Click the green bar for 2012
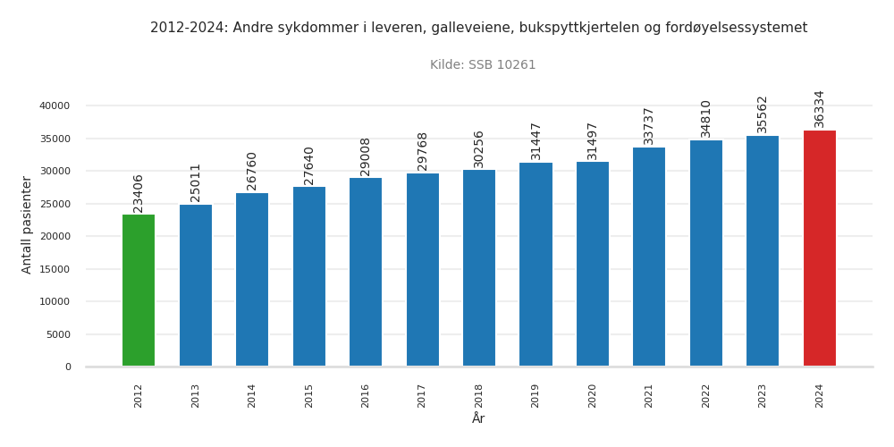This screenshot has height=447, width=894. coord(139,291)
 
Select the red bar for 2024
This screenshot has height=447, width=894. coord(819,249)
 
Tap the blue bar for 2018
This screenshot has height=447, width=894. coord(479,268)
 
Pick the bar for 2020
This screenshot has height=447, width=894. coord(593,264)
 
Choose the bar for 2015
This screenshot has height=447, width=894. coord(309,276)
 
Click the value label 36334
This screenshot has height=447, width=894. coord(820,108)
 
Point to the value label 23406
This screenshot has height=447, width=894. coord(139,193)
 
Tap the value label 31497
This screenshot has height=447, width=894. coord(593,140)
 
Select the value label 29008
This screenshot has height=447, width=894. coord(366,156)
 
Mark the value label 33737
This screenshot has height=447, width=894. coord(649,126)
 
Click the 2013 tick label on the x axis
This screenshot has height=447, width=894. coord(196,395)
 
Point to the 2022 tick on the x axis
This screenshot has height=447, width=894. coord(706,395)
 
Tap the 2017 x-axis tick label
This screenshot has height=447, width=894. coord(423,395)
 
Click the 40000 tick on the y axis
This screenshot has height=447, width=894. coord(54,105)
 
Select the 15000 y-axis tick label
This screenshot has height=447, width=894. coord(54,269)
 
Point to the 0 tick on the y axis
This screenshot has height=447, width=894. coord(67,367)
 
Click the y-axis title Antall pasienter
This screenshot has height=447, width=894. coord(27,224)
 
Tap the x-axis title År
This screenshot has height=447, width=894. coord(478,418)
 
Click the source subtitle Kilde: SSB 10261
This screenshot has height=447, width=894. coord(483,65)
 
